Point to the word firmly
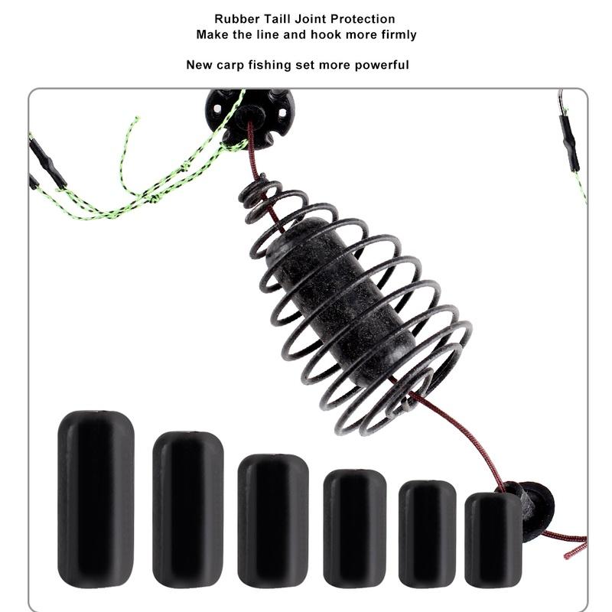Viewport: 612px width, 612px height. [396, 34]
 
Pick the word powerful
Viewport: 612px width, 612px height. [381, 65]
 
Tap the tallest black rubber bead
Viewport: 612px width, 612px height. [96, 499]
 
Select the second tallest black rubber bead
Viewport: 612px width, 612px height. [187, 509]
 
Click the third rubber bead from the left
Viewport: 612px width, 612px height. [272, 520]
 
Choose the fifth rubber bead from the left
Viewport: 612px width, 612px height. [427, 533]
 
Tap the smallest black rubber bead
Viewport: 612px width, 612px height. [493, 539]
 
